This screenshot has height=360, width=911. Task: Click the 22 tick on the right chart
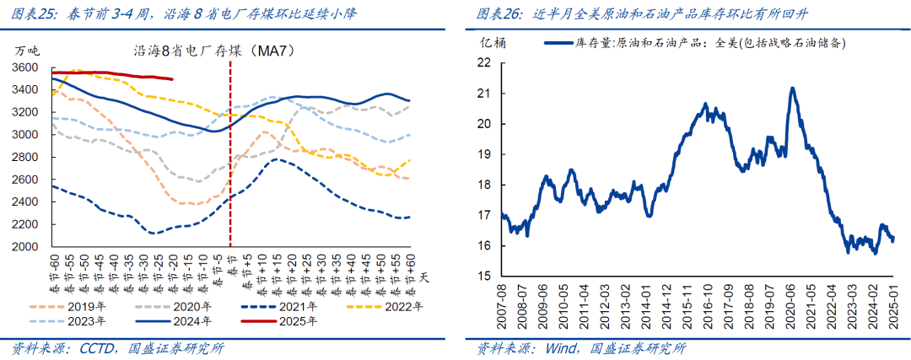coord(483,62)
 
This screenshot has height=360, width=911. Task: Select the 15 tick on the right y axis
coord(483,277)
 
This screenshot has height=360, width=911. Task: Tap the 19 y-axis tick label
coord(483,154)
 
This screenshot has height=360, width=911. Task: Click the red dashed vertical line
coord(229,169)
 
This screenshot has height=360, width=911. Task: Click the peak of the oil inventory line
coord(792,88)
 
